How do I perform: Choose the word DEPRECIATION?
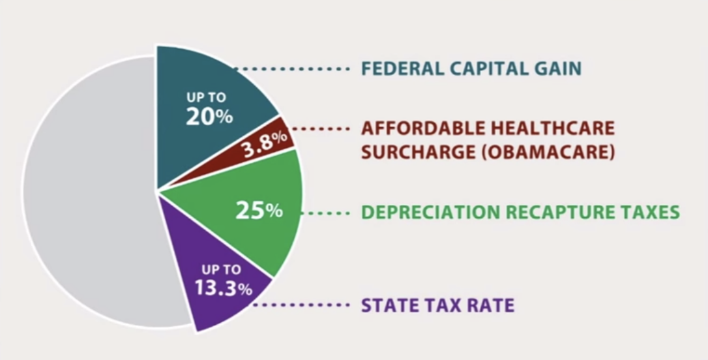click(x=424, y=213)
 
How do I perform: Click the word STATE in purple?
click(x=387, y=305)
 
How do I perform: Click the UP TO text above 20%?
click(x=206, y=98)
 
